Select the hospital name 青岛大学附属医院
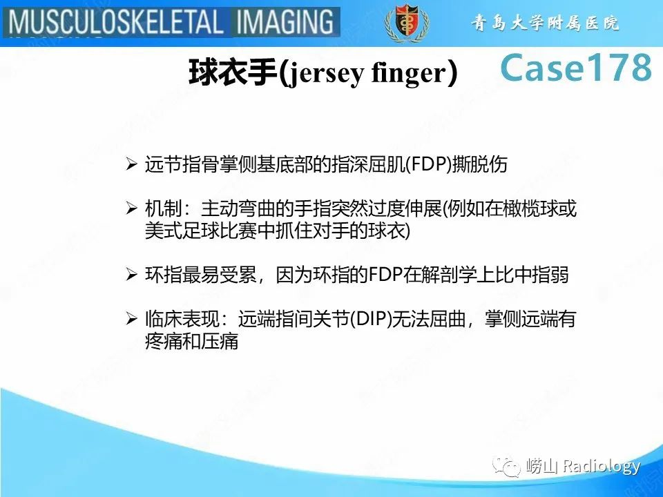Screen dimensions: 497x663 pos(545,23)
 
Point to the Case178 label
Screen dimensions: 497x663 pos(575,68)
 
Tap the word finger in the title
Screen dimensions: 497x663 pos(407,73)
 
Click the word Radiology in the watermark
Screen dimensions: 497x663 pos(601,467)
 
